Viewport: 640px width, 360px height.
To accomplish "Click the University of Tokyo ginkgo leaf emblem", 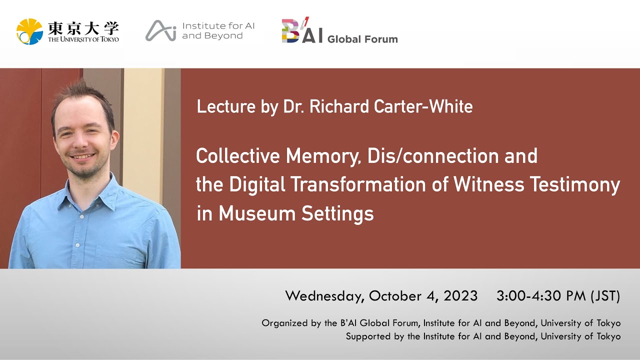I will click(29, 31).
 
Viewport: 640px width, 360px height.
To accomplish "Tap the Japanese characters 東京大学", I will click(83, 27).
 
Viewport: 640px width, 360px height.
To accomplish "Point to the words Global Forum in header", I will click(362, 39).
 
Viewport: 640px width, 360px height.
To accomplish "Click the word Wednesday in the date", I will click(323, 296).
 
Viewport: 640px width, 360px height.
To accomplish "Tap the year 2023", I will click(460, 296).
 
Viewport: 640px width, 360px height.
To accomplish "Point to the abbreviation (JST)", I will click(605, 296).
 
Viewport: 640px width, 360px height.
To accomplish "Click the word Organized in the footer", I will click(284, 323).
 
